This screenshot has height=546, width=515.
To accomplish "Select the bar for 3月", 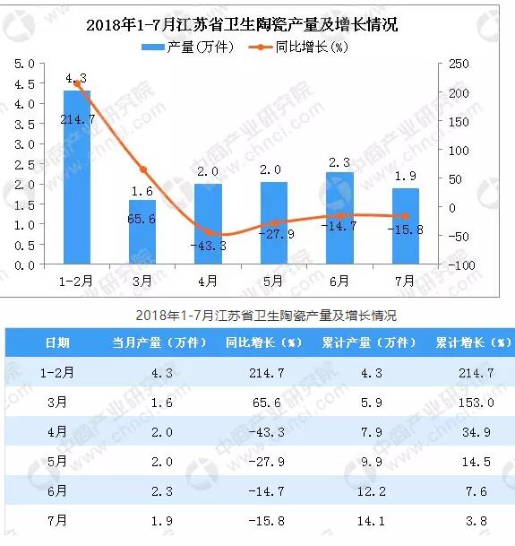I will pyautogui.click(x=142, y=232).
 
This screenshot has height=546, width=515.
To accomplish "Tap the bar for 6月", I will pyautogui.click(x=339, y=219).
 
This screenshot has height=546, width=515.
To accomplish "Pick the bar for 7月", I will pyautogui.click(x=405, y=227).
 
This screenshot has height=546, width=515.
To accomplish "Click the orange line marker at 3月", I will pyautogui.click(x=142, y=169).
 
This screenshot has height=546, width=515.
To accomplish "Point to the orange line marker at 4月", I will pyautogui.click(x=208, y=232).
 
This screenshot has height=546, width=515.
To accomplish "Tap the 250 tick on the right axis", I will pyautogui.click(x=459, y=64).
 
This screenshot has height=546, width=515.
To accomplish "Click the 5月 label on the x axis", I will pyautogui.click(x=273, y=280).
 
